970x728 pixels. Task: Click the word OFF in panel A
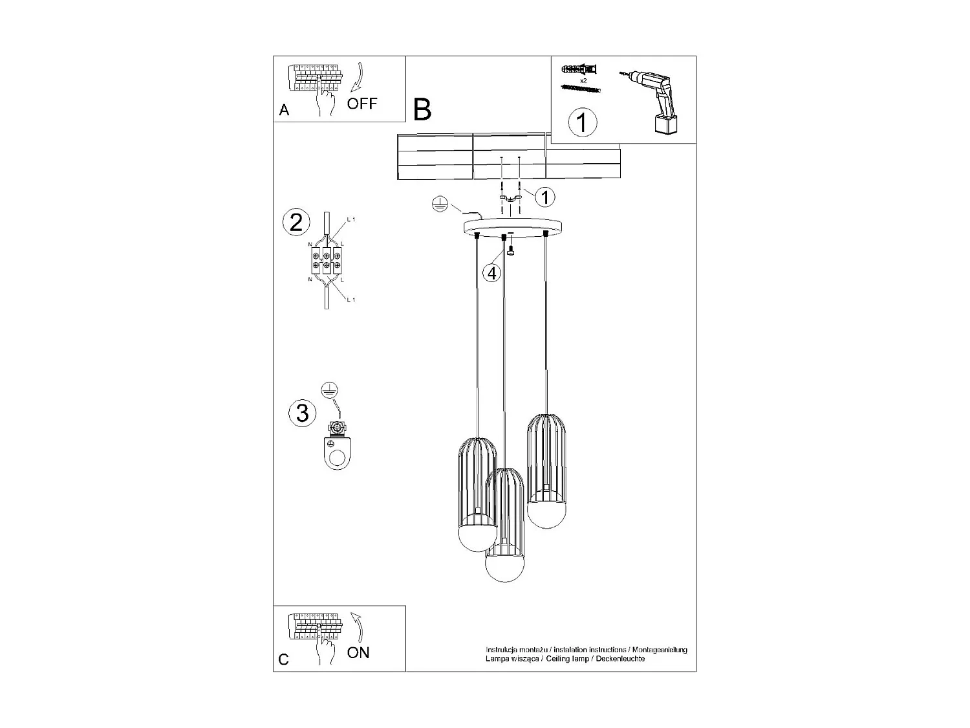click(x=361, y=104)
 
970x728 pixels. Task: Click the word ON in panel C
click(x=358, y=652)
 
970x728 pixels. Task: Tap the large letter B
click(x=422, y=110)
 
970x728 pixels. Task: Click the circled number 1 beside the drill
click(x=582, y=122)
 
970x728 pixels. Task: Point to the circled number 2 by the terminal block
click(x=296, y=223)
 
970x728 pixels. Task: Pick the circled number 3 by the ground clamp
click(x=302, y=413)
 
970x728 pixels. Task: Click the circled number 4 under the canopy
click(x=492, y=274)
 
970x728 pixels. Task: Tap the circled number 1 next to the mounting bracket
click(x=544, y=197)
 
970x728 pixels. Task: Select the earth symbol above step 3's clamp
click(x=330, y=390)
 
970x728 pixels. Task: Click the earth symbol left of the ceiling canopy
click(x=439, y=204)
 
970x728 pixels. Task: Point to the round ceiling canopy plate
click(x=513, y=226)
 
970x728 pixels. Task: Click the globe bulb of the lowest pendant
click(x=504, y=569)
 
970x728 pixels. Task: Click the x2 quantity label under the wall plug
click(x=583, y=81)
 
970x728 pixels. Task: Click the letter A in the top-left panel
click(x=284, y=111)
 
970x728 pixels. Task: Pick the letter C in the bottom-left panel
click(x=284, y=660)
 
